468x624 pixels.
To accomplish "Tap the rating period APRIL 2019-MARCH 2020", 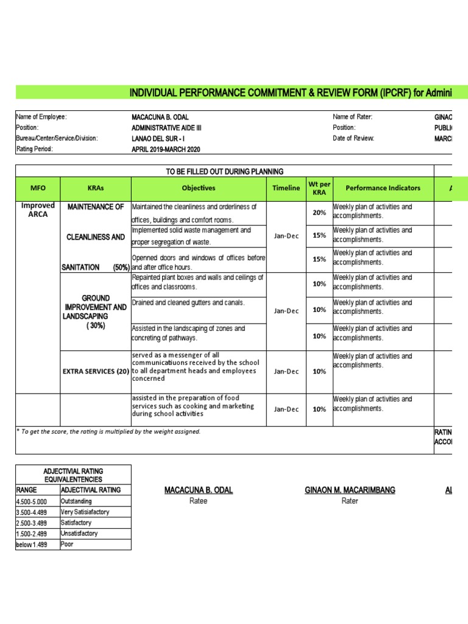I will click(166, 149).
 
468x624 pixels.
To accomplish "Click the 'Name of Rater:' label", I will click(352, 117).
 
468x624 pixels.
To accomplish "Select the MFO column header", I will click(38, 188).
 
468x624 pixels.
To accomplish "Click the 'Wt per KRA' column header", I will click(319, 188).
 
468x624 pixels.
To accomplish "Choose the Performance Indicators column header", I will click(383, 188).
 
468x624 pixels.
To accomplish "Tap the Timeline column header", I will click(286, 188).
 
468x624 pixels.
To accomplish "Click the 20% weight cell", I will click(319, 213).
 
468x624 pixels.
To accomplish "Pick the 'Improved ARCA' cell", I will click(38, 210).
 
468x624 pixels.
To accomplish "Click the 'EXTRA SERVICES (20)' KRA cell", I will click(95, 371).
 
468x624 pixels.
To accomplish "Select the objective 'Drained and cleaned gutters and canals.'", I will click(188, 303).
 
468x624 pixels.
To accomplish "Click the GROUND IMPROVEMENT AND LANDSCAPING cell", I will click(95, 312).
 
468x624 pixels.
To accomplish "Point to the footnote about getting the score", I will click(108, 431).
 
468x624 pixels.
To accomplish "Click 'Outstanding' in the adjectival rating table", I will click(76, 501).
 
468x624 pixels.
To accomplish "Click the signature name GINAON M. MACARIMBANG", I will click(350, 491).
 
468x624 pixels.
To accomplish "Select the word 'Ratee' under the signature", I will click(199, 501).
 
